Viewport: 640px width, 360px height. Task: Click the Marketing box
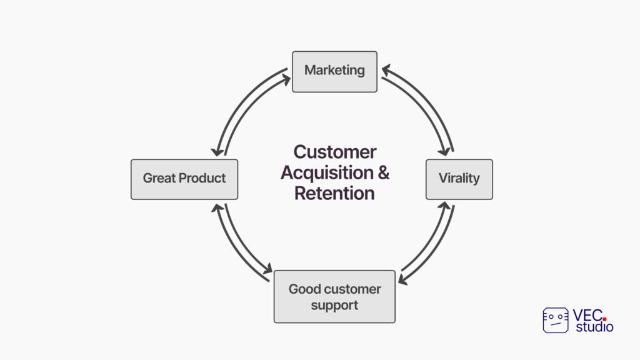point(335,72)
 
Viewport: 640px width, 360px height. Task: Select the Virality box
point(459,179)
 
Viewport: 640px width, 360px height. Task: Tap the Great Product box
point(184,179)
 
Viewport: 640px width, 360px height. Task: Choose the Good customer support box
point(335,296)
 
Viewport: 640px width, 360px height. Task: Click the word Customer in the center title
point(335,152)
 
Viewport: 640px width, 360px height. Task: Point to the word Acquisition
point(327,173)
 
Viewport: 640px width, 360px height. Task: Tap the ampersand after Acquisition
point(384,172)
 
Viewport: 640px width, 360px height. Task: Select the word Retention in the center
point(335,193)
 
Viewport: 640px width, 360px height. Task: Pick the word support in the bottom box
point(335,306)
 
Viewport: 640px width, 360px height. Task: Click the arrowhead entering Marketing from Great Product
point(286,79)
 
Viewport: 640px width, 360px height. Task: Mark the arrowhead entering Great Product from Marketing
point(217,151)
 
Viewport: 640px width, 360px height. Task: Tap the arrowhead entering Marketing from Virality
point(386,70)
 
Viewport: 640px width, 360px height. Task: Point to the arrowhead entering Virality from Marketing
point(444,151)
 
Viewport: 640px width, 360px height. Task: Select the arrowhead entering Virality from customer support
point(444,206)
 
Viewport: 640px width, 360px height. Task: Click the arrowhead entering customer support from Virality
point(403,279)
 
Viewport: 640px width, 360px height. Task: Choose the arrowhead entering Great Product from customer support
point(217,208)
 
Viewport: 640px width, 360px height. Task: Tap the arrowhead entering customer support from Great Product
point(267,269)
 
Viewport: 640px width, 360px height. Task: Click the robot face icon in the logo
point(556,321)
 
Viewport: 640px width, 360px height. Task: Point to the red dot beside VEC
point(604,319)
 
